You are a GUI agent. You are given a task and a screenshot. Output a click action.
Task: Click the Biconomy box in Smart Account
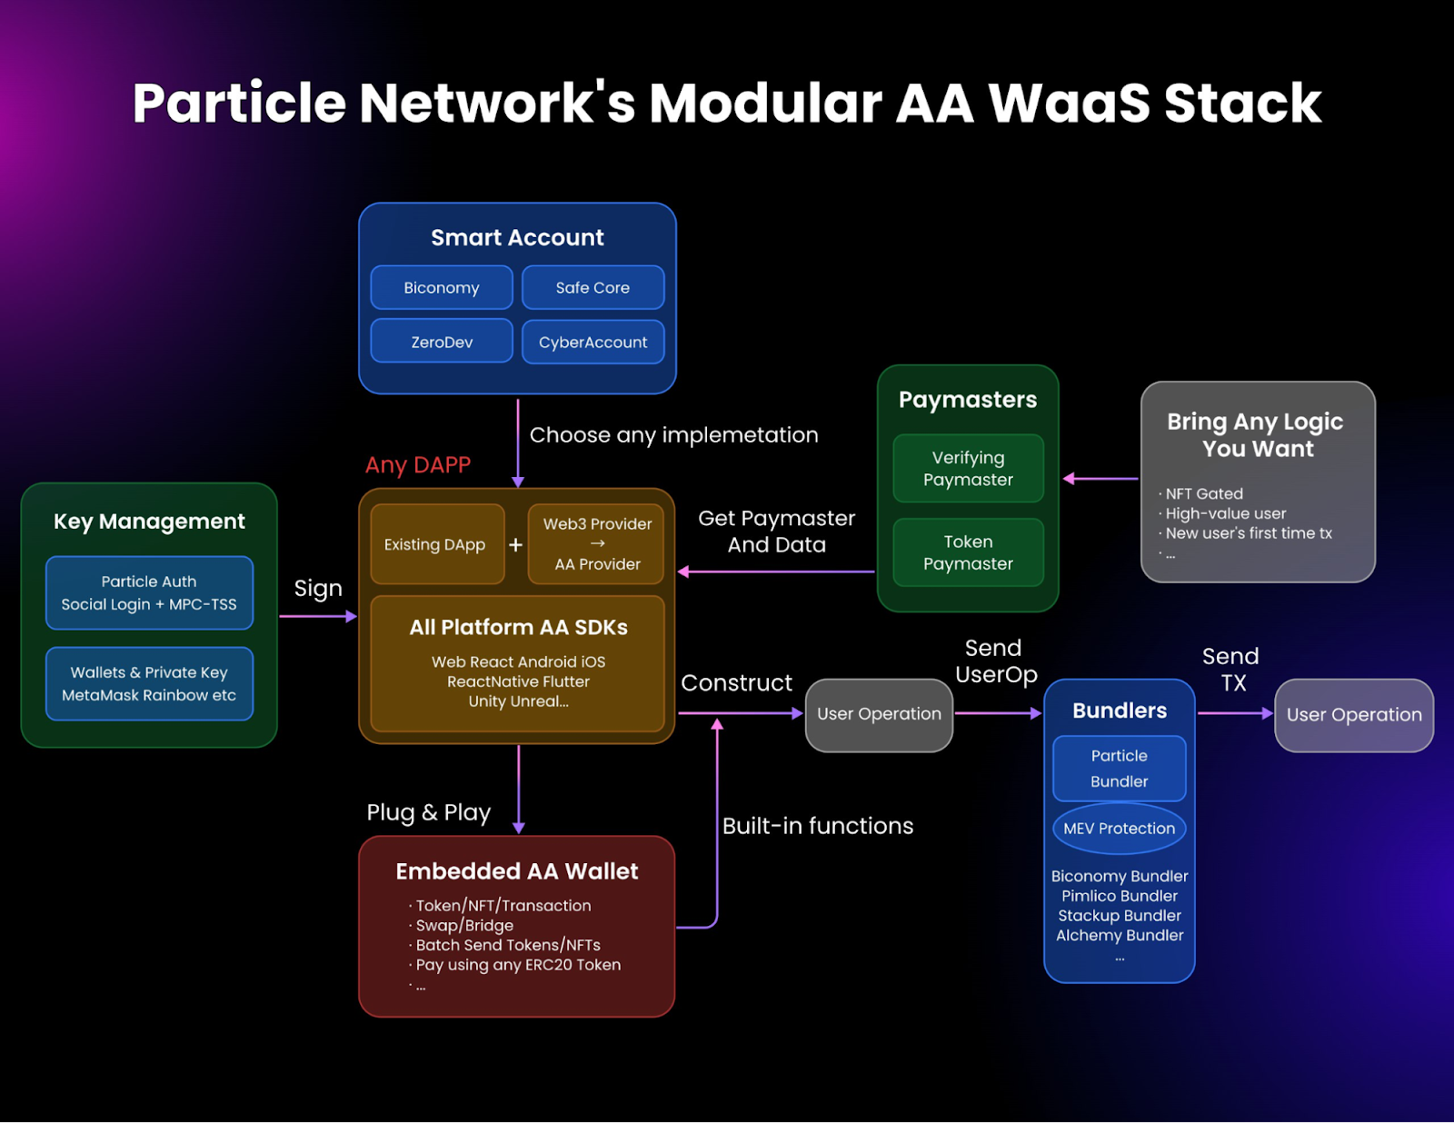442,288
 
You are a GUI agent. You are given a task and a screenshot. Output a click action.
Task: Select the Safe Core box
593,288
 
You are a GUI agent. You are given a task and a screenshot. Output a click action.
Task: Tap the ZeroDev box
442,343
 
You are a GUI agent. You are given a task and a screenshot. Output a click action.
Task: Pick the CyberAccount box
593,343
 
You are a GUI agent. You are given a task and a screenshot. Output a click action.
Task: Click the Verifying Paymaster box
968,469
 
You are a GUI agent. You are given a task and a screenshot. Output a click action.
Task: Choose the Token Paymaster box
968,552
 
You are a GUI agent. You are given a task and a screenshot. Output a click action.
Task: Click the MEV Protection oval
1119,829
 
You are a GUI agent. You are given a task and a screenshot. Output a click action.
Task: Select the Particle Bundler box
1119,769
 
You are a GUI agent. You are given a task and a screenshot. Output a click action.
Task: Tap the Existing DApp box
436,544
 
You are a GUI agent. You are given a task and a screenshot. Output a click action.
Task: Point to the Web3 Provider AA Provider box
597,544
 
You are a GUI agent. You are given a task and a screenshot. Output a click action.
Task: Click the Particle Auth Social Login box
149,593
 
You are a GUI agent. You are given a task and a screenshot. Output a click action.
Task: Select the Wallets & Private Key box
149,684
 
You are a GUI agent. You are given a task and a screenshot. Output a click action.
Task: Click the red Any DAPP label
418,465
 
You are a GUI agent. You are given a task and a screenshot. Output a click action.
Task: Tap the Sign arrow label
318,589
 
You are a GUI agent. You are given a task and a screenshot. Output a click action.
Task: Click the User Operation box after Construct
879,715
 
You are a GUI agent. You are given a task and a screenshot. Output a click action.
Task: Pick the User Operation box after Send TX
1354,715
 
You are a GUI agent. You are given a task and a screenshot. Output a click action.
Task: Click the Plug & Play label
428,812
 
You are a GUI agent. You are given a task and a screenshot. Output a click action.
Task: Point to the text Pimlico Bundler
1119,896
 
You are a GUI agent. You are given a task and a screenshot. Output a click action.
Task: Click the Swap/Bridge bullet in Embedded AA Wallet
463,926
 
